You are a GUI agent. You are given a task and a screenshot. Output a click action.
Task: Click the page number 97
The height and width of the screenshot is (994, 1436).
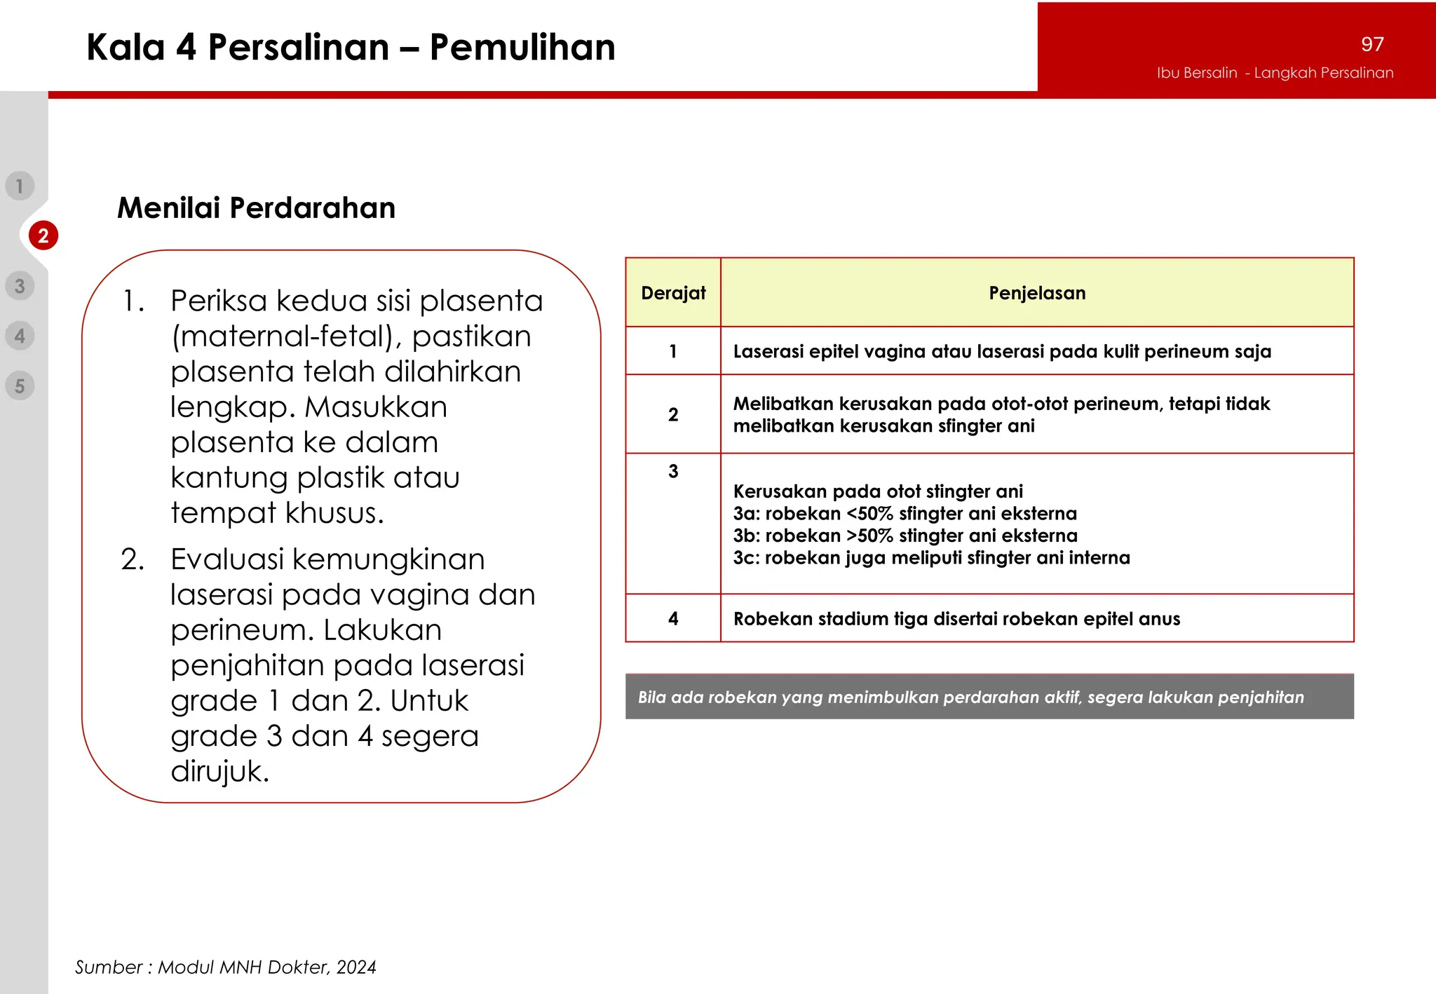[1372, 44]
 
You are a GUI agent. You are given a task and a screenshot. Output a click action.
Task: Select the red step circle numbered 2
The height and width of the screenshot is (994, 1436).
[43, 236]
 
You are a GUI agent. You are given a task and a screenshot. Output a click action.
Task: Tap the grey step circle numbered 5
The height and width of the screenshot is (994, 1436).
[20, 386]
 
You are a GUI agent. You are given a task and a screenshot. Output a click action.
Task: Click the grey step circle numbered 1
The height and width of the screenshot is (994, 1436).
[20, 186]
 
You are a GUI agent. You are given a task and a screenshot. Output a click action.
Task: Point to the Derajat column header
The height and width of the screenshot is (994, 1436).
[673, 293]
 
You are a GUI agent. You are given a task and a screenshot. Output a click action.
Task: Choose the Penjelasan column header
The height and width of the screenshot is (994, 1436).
[1037, 293]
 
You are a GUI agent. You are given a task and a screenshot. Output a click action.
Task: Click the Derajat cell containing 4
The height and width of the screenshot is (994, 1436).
[673, 618]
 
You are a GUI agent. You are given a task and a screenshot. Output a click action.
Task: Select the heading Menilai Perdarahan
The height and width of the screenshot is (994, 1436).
[256, 208]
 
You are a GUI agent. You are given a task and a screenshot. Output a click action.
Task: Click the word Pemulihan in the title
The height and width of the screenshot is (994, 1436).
[522, 48]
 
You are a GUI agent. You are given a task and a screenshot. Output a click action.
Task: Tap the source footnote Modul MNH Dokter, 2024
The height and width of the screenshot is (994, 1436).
[225, 967]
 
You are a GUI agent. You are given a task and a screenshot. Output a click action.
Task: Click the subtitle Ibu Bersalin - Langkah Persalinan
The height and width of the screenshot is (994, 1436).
[1275, 73]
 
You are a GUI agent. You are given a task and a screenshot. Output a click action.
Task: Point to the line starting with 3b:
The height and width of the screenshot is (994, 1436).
[905, 536]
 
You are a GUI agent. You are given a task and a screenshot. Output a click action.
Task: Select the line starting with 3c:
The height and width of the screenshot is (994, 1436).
[931, 558]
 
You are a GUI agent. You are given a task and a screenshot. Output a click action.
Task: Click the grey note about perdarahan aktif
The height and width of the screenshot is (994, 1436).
[989, 697]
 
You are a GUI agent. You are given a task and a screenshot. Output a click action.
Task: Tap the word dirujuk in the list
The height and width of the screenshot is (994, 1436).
[219, 771]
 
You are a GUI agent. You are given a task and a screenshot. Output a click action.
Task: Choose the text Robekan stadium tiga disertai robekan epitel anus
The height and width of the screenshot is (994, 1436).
[956, 618]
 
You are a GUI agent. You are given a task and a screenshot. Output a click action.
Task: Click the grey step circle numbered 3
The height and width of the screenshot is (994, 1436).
[20, 286]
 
